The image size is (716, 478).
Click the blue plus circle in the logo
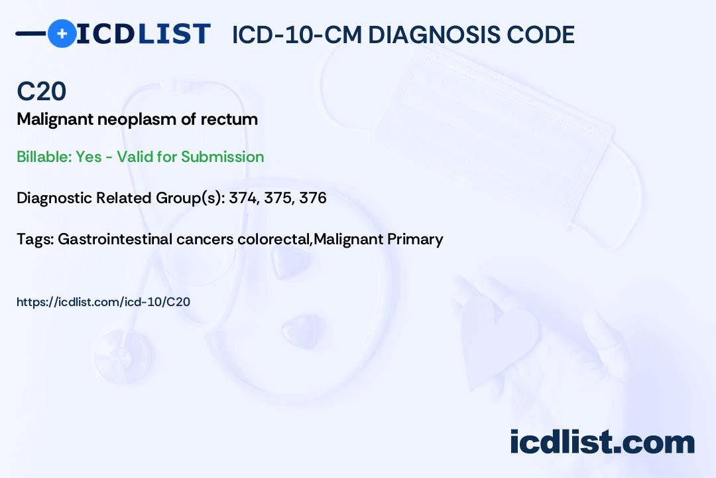click(x=62, y=33)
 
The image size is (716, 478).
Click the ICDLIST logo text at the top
click(x=143, y=34)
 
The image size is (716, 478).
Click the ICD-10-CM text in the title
click(x=296, y=35)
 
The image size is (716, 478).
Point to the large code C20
click(x=41, y=91)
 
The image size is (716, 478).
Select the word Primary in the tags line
click(x=418, y=239)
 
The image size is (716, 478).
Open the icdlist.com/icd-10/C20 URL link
click(x=103, y=302)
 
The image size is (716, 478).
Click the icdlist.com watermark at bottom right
click(x=602, y=441)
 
